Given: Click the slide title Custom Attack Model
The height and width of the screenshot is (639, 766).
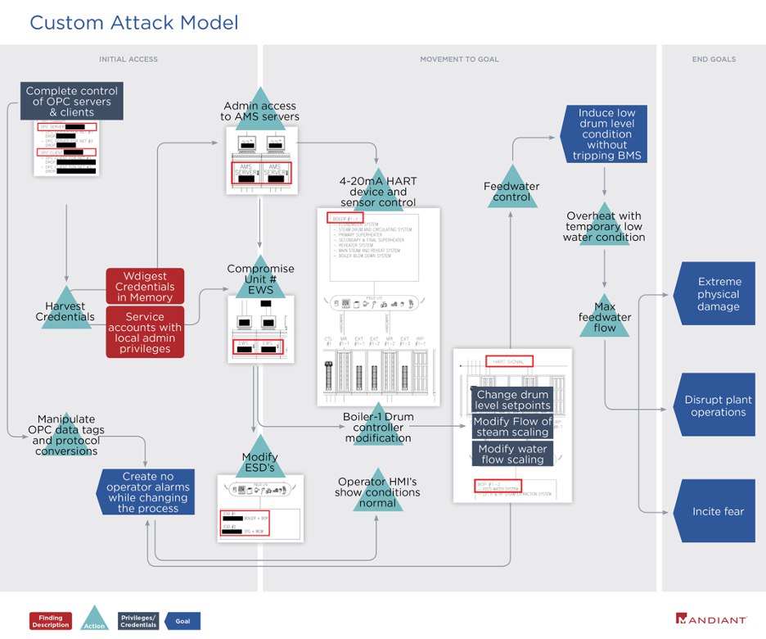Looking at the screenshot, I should tap(134, 22).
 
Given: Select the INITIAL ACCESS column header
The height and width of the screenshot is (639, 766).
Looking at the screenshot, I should tap(128, 59).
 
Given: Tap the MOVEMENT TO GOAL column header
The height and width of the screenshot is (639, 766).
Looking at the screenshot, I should tap(459, 59).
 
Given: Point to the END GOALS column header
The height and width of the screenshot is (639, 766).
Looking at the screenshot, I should tap(714, 59).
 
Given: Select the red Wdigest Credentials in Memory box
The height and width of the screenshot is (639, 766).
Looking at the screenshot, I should tap(145, 287).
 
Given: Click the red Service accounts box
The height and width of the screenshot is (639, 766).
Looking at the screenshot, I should tap(145, 332).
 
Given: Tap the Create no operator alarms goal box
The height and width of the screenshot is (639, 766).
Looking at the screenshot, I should tap(147, 492).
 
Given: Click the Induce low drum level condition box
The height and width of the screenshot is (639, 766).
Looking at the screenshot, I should tap(606, 134).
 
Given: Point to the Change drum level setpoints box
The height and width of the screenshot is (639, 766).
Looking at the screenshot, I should tap(512, 400).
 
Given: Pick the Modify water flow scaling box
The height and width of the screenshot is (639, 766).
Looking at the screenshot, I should tap(512, 454).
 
